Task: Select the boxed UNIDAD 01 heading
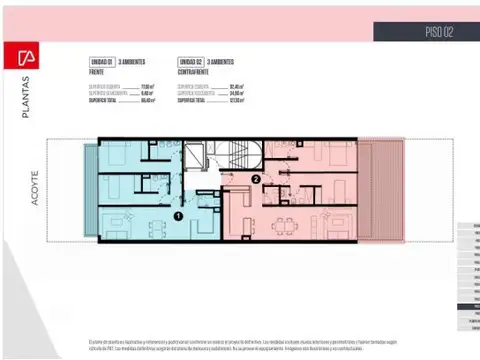104,60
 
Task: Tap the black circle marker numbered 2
256,180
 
